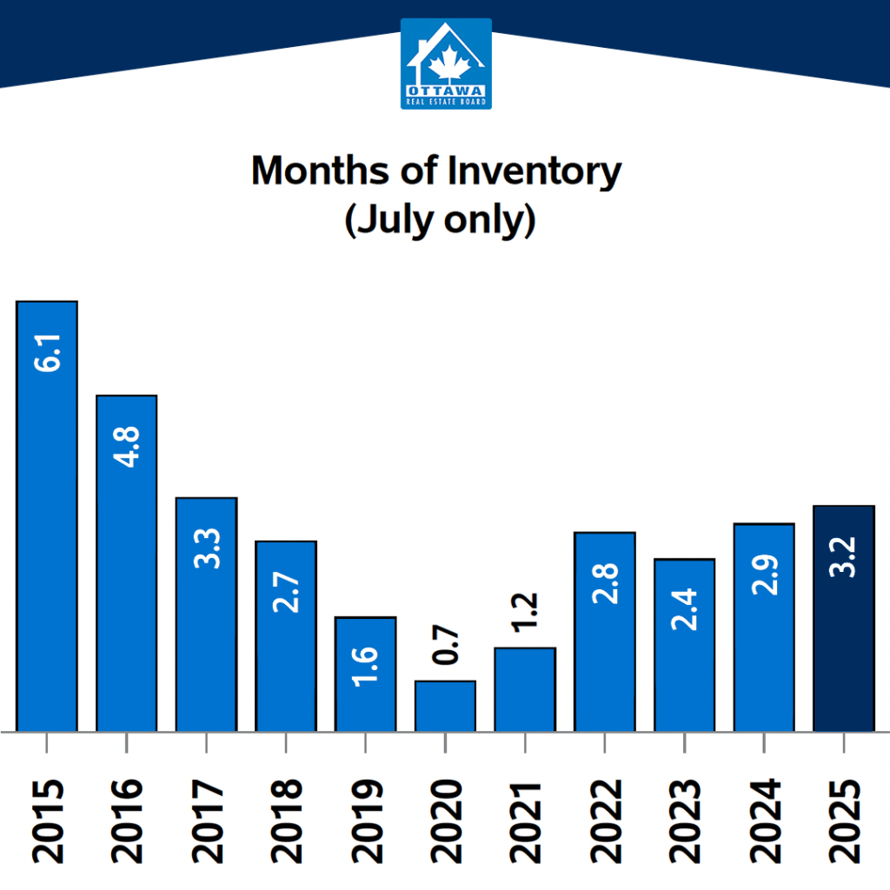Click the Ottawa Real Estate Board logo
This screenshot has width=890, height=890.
coord(446,64)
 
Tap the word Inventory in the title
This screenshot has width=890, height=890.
coord(534,171)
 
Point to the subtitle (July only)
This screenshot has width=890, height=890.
coord(439,221)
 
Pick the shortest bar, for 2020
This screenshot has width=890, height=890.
coord(445,707)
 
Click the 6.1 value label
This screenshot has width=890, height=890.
coord(47,350)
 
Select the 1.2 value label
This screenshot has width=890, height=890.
coord(525,613)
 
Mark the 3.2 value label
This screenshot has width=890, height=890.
coord(843,558)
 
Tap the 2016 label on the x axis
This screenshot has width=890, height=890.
coord(127,820)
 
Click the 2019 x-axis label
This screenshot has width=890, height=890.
coord(366,820)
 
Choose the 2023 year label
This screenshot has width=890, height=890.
coord(684,820)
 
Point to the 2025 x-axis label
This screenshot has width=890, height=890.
coord(843,820)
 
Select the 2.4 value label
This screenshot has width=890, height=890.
coord(684,608)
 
